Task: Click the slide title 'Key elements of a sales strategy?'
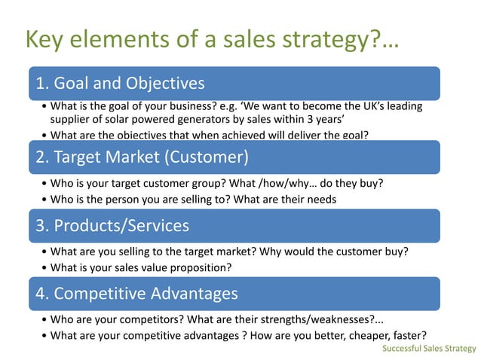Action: [212, 39]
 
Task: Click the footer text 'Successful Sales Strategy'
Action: [429, 349]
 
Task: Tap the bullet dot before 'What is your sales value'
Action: [44, 268]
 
